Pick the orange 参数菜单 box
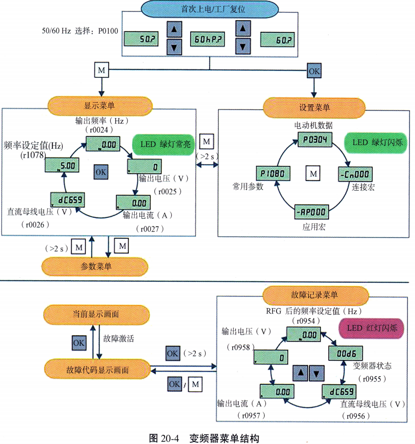coord(95,266)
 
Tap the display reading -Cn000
coord(355,174)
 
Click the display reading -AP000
coord(312,212)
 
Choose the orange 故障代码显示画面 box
coord(97,370)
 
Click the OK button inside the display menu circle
coord(101,172)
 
